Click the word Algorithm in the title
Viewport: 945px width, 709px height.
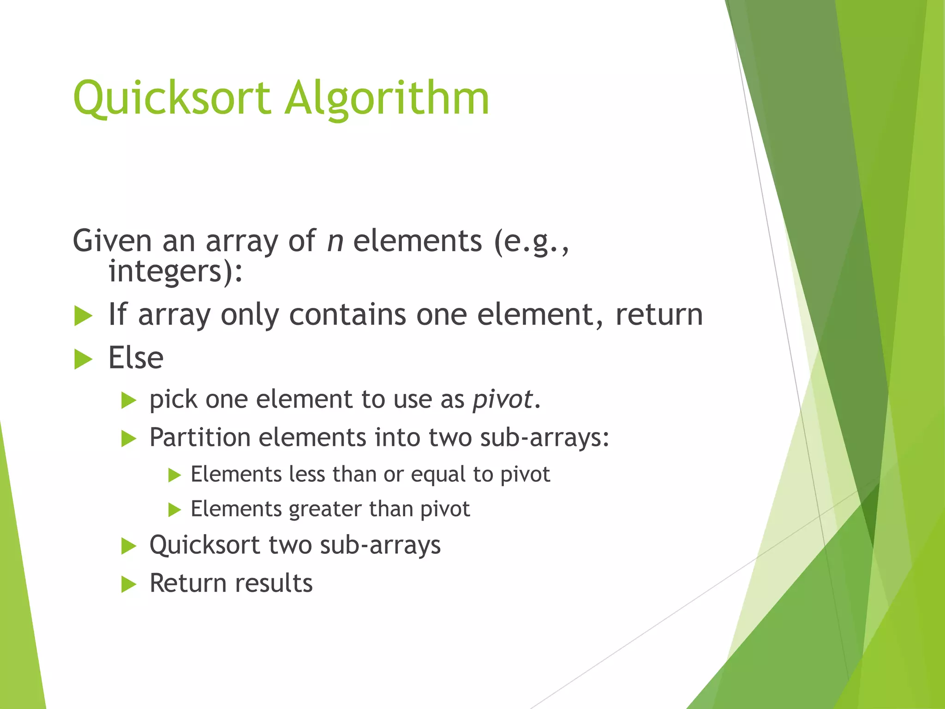tap(387, 99)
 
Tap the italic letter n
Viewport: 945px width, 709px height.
tap(335, 241)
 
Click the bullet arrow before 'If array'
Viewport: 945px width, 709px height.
tap(83, 317)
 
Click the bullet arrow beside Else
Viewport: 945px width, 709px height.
tap(83, 360)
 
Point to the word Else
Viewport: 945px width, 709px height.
tap(136, 358)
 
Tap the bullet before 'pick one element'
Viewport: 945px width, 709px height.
tap(129, 401)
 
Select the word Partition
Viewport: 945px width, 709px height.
tap(200, 438)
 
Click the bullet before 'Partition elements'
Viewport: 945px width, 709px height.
tap(129, 439)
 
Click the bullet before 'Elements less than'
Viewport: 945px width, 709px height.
tap(174, 475)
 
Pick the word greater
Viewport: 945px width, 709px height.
tap(325, 510)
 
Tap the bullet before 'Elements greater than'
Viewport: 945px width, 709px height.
tap(174, 510)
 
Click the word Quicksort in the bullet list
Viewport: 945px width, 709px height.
tap(205, 545)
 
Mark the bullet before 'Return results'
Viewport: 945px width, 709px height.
tap(129, 585)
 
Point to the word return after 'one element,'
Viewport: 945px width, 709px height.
tap(659, 315)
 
